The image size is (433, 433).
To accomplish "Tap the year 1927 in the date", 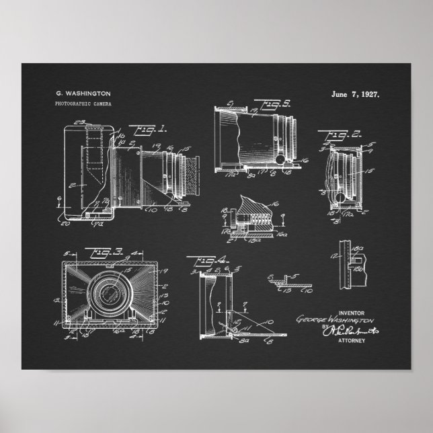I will coord(368,93).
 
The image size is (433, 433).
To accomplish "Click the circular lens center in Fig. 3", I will coord(108,294).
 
